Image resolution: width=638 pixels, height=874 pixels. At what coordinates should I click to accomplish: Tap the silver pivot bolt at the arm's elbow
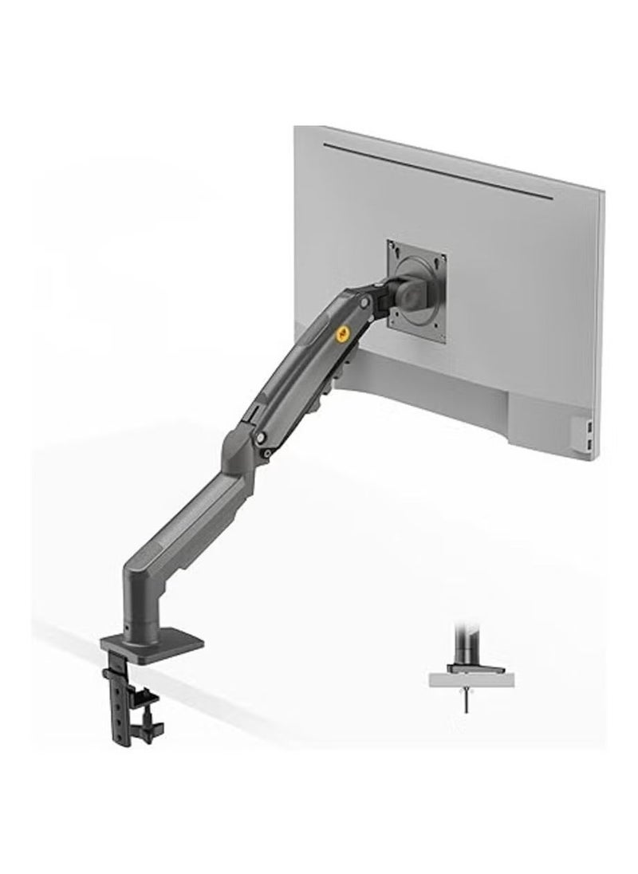point(261,439)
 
